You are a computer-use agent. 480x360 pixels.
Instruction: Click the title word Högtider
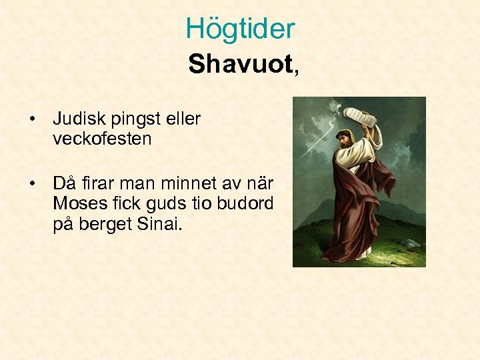240,29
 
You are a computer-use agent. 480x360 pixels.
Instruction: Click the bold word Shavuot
239,65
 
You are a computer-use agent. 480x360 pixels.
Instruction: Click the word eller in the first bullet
181,119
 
